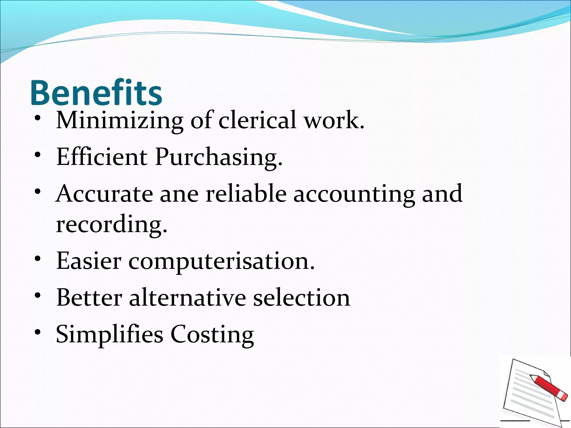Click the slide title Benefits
pos(96,92)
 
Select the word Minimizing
pos(120,120)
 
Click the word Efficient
pos(102,157)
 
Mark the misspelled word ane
pos(179,194)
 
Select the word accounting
pos(354,194)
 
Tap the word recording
pos(112,225)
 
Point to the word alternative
pos(188,298)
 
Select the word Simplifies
pos(110,334)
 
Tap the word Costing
pos(212,335)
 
